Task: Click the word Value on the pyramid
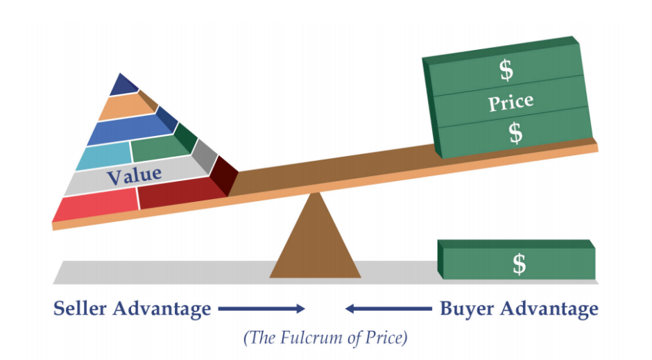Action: (134, 174)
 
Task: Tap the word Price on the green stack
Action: (511, 103)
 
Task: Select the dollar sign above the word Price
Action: (506, 69)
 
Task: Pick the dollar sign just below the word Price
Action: (515, 132)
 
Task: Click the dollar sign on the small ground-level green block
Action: (519, 264)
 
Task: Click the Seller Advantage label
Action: (132, 308)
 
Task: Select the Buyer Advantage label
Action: (519, 308)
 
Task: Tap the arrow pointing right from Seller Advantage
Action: (261, 309)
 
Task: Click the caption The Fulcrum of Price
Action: (325, 338)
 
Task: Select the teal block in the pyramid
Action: (104, 157)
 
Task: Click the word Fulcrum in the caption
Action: (312, 338)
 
